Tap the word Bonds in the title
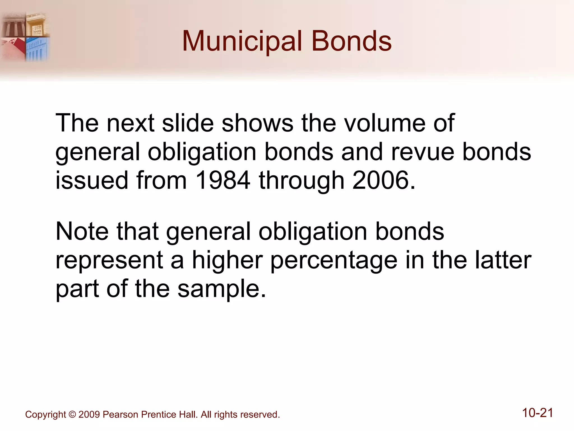tap(351, 42)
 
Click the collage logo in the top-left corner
tap(25, 36)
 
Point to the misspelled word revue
tap(423, 152)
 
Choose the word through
tap(302, 181)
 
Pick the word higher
tap(227, 260)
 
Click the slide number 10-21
tap(538, 413)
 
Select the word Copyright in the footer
tap(45, 415)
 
